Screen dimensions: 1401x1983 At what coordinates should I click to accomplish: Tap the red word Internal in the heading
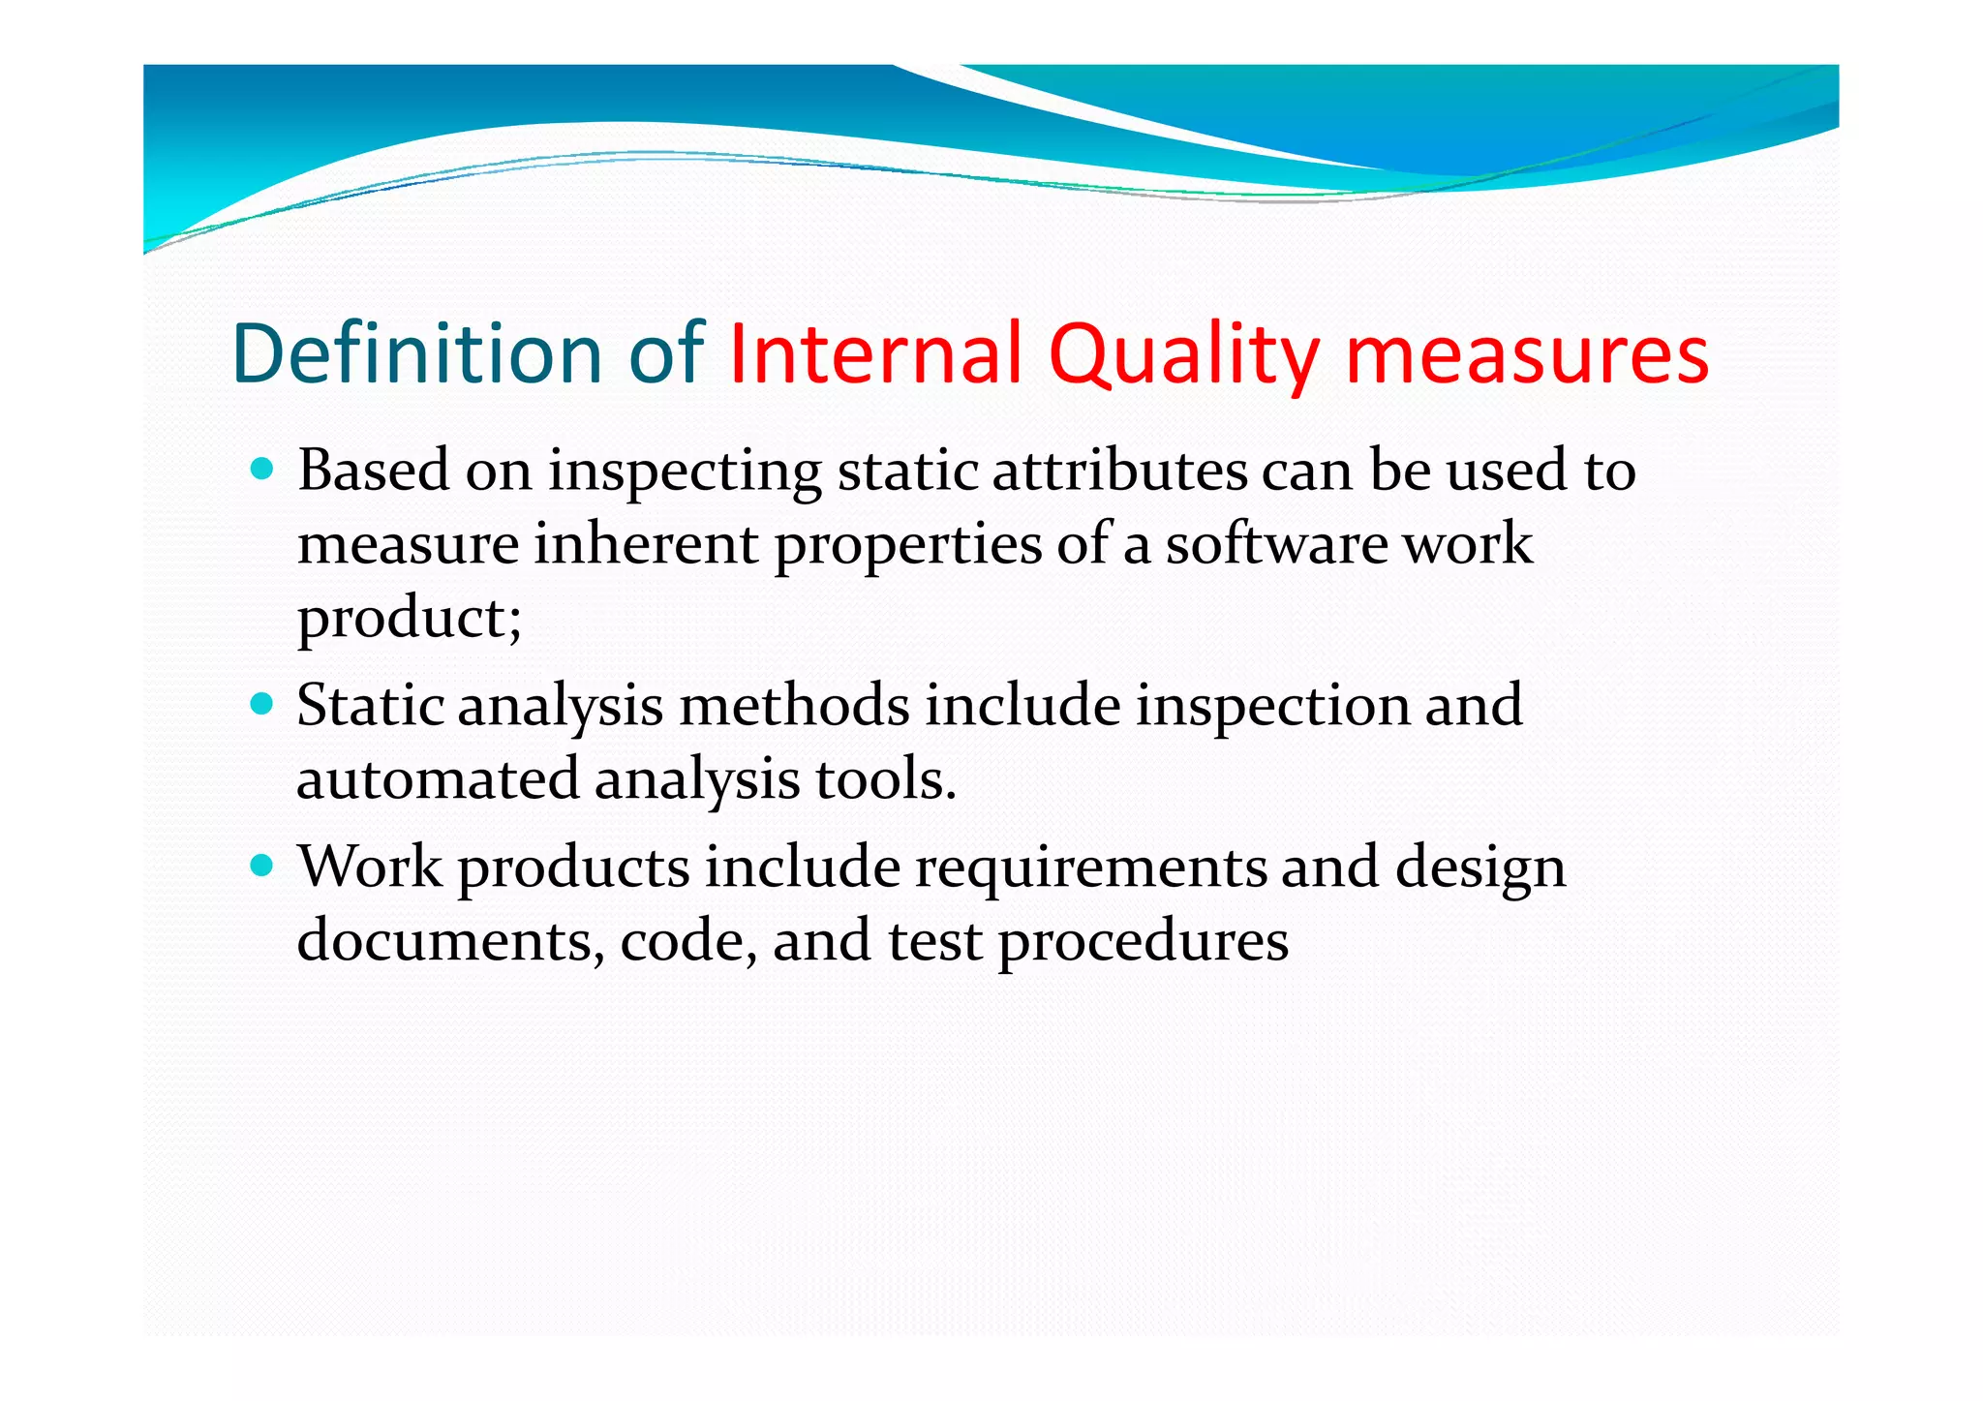click(875, 353)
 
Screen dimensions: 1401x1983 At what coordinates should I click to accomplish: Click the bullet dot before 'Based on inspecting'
click(261, 471)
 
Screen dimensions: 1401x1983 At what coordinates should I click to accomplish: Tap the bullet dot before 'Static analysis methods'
click(261, 703)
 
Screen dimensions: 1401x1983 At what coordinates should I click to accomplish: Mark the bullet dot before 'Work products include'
click(261, 865)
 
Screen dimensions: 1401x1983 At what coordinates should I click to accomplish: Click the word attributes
click(1120, 472)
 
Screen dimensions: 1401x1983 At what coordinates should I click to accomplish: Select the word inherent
click(646, 544)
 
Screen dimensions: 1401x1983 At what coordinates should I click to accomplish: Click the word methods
click(794, 705)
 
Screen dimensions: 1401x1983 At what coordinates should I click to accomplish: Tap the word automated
click(438, 779)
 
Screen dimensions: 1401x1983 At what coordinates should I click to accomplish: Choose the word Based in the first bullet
click(374, 472)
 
